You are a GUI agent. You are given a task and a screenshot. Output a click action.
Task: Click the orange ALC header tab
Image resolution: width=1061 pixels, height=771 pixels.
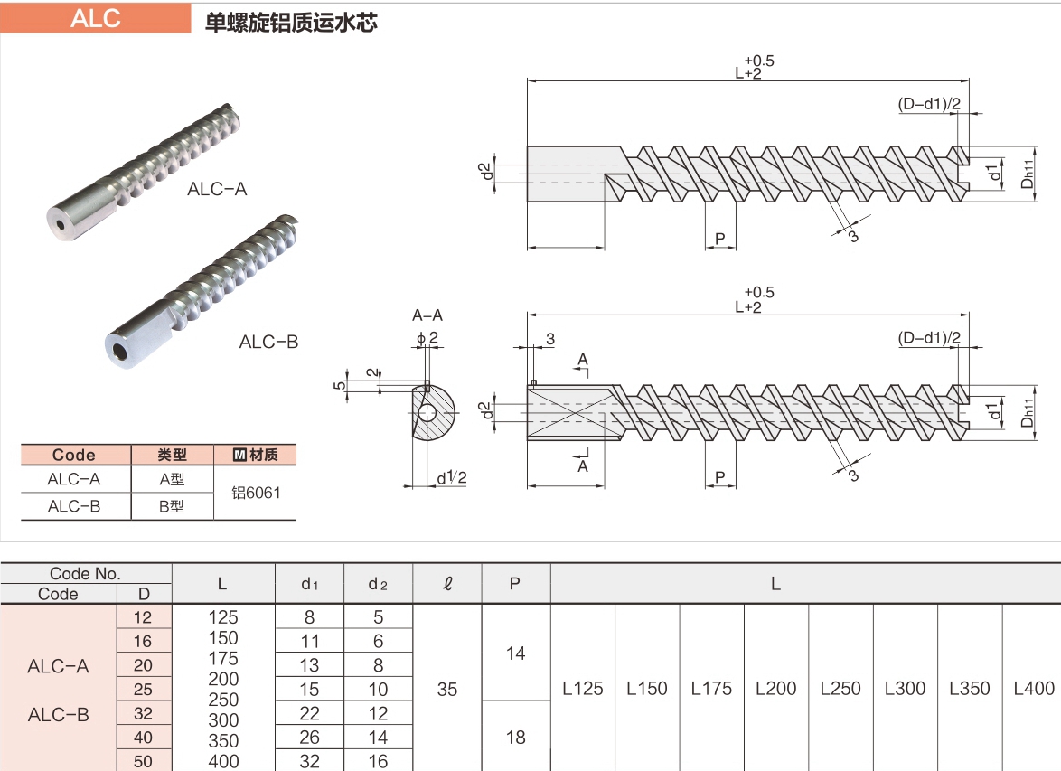(x=96, y=18)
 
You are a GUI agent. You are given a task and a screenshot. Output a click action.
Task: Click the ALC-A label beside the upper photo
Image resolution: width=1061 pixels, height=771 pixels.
(x=217, y=189)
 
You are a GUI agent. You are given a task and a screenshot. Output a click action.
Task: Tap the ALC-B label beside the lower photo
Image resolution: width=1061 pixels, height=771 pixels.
(x=268, y=342)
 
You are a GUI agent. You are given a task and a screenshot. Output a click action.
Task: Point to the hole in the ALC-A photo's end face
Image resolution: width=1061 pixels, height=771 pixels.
(x=61, y=226)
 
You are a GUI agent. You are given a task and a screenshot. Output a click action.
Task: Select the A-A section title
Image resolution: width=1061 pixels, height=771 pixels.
(x=427, y=315)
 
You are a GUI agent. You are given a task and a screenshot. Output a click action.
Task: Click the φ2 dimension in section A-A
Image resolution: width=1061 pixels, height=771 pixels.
(x=427, y=338)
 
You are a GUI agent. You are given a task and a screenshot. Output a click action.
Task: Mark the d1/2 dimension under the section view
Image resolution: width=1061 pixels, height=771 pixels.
(x=451, y=478)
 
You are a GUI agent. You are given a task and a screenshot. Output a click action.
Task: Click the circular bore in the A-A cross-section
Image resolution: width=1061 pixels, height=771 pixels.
(x=427, y=412)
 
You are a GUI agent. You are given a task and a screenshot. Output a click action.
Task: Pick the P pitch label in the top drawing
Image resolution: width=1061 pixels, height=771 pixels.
(x=720, y=239)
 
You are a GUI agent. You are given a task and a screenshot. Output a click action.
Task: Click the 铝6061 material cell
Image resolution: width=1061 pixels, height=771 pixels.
(x=256, y=493)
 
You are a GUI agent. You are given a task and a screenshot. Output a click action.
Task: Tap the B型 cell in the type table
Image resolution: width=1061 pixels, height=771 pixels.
(x=172, y=506)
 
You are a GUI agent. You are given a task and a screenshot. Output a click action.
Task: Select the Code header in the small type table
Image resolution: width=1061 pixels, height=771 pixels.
(x=74, y=455)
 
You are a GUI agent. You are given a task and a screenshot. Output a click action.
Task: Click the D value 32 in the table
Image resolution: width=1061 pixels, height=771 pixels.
(x=143, y=713)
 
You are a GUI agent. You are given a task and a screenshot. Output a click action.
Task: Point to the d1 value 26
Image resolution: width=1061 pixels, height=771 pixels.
(x=309, y=738)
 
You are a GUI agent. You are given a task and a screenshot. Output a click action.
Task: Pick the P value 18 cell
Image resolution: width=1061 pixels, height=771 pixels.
(x=516, y=738)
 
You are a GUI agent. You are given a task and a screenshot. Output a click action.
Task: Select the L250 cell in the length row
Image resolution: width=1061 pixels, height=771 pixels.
(x=840, y=689)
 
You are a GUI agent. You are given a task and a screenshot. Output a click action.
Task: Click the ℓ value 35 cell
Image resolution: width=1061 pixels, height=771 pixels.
(x=446, y=689)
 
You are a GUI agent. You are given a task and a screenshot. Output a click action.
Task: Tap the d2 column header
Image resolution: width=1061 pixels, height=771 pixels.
(x=378, y=584)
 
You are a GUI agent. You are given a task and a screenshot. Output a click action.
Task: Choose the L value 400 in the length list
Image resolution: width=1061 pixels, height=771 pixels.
(x=223, y=762)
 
